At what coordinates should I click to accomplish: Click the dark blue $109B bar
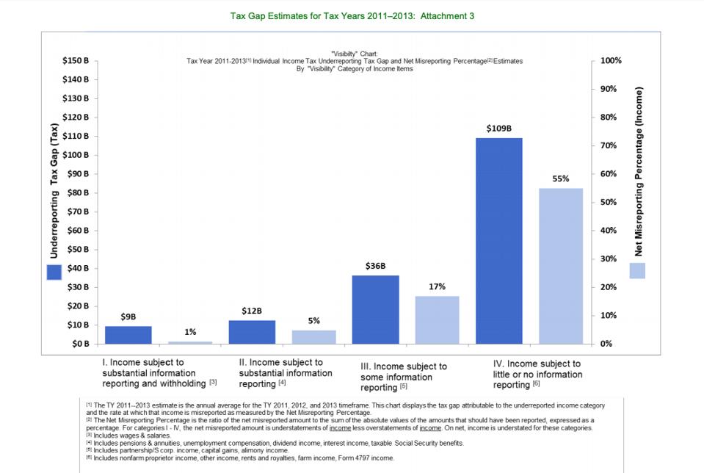(x=499, y=241)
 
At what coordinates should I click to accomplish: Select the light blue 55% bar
(x=561, y=266)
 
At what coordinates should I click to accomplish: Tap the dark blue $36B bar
(x=376, y=309)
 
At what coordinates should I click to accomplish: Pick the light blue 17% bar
(x=438, y=319)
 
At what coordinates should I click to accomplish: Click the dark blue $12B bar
(x=252, y=332)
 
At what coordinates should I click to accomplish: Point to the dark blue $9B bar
(x=128, y=335)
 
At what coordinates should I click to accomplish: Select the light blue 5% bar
(x=313, y=336)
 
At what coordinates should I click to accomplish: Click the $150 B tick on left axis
(x=76, y=60)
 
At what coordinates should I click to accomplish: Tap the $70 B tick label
(x=78, y=212)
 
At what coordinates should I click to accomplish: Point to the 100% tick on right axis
(x=610, y=60)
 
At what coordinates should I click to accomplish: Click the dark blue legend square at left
(x=54, y=272)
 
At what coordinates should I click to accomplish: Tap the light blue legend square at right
(x=637, y=270)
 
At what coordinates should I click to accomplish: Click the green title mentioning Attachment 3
(x=352, y=15)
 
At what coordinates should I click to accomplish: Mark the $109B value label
(x=499, y=129)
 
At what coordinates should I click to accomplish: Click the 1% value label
(x=190, y=332)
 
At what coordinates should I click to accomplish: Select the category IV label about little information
(x=537, y=374)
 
